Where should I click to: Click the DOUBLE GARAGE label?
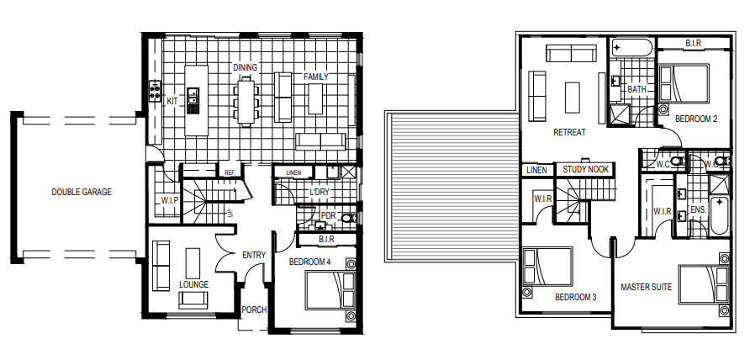click(82, 192)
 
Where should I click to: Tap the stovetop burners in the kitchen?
click(155, 91)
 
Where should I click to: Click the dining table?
click(246, 101)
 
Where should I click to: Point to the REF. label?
click(230, 172)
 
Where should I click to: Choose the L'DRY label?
click(320, 192)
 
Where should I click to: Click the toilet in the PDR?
click(349, 219)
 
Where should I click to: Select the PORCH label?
click(254, 310)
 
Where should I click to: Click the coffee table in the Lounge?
click(193, 262)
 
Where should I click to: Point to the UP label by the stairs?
click(230, 214)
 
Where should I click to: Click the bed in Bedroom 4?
click(330, 290)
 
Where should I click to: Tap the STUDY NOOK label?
click(585, 169)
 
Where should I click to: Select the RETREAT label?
click(569, 132)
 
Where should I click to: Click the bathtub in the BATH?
click(631, 47)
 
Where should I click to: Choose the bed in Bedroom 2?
click(683, 84)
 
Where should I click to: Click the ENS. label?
click(699, 209)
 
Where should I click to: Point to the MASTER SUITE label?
click(646, 287)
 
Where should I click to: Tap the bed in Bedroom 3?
click(547, 266)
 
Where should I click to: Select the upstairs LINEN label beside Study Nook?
click(536, 170)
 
